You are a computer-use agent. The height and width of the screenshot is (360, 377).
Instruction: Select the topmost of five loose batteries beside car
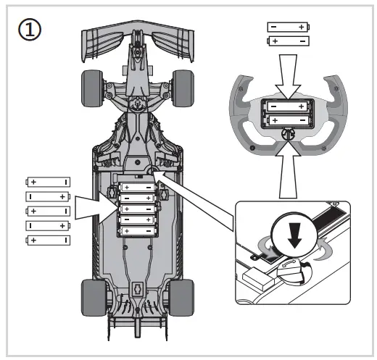(x=48, y=182)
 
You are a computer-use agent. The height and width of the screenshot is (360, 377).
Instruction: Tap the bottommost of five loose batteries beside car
(x=48, y=240)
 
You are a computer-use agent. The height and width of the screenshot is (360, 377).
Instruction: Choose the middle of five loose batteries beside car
(x=48, y=211)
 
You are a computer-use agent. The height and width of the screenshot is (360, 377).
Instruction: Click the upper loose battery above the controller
(x=287, y=27)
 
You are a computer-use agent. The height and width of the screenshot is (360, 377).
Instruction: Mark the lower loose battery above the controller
(x=287, y=41)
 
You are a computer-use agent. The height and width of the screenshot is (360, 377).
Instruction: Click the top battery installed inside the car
(x=138, y=187)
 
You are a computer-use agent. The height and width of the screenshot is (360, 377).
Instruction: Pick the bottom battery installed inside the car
(x=138, y=230)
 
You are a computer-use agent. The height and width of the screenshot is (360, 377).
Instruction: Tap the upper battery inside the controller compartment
(x=287, y=106)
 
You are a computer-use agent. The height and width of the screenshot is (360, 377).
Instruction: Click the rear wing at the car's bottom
(x=138, y=319)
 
